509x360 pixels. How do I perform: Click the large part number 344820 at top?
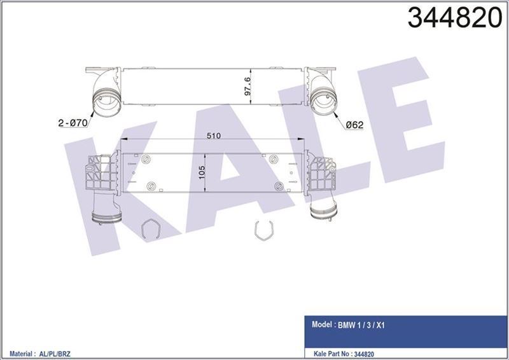[455, 18]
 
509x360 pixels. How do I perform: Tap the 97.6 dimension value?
[247, 86]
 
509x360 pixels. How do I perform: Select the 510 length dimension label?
[213, 135]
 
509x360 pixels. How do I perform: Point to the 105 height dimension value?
[202, 174]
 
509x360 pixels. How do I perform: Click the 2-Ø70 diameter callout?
[73, 123]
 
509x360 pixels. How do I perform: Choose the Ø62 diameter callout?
[354, 125]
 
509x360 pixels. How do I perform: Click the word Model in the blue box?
[322, 324]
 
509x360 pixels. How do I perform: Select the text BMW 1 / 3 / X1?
[361, 325]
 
